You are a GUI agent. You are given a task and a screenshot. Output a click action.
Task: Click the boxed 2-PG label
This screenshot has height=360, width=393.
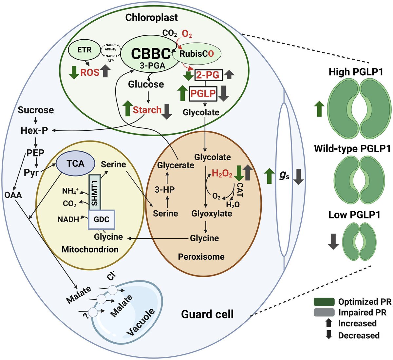tap(207, 76)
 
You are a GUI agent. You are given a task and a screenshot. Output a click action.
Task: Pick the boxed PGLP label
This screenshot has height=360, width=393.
tap(203, 94)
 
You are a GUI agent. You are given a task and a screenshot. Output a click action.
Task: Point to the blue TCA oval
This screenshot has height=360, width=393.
tap(76, 163)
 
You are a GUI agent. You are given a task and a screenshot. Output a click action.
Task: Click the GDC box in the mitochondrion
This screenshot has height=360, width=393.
tap(101, 220)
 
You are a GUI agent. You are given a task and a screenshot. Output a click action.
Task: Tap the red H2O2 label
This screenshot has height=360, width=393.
tap(222, 174)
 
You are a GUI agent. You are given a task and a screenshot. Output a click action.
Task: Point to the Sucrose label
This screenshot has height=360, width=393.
tap(36, 110)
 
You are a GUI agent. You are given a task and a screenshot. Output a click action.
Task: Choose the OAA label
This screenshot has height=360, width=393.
tap(13, 195)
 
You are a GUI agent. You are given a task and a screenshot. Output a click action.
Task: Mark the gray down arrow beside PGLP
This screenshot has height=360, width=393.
tap(224, 94)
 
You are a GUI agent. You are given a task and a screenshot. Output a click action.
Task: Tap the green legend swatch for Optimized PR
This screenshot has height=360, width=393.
tap(324, 302)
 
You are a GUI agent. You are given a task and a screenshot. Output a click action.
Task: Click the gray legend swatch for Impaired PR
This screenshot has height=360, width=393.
tap(324, 312)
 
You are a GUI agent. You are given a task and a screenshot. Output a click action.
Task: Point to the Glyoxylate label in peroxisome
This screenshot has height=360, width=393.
tap(212, 214)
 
